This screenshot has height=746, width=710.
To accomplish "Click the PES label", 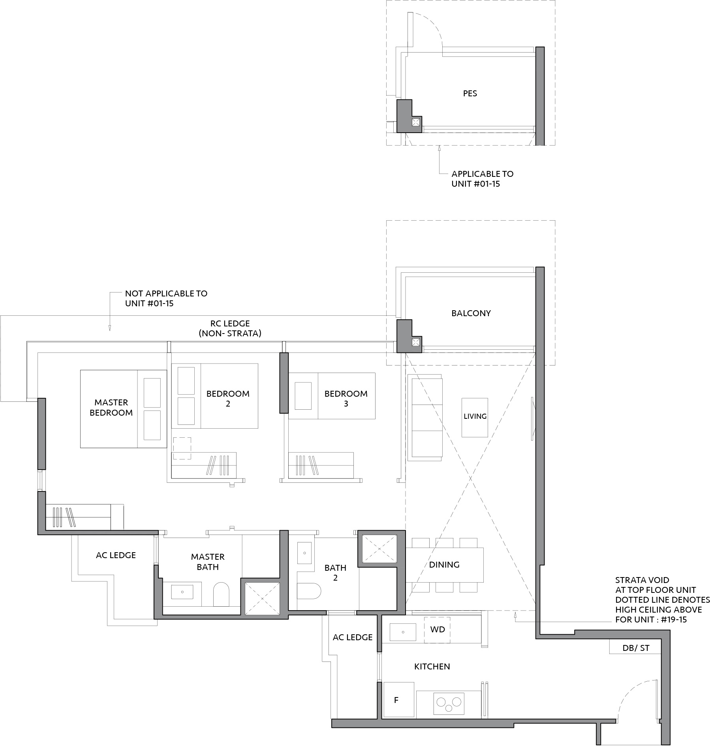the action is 470,94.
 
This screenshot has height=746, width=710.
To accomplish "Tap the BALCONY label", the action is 471,313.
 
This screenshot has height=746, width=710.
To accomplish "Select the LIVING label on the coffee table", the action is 475,416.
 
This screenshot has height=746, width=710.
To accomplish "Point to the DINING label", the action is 444,565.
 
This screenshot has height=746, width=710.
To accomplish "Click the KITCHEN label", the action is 432,667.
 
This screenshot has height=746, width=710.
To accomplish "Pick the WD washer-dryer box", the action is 438,630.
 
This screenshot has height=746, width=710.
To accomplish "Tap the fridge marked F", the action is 399,700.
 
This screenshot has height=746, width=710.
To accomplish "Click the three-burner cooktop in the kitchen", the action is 449,703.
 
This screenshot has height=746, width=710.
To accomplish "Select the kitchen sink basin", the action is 403,632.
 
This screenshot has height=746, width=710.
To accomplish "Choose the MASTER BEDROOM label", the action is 111,408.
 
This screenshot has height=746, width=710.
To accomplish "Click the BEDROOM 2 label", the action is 228,399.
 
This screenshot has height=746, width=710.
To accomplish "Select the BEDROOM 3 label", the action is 346,399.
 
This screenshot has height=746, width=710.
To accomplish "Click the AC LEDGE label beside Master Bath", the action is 116,555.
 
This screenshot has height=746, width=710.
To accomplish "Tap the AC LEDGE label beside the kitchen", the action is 353,637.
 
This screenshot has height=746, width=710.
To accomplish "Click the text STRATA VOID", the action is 642,580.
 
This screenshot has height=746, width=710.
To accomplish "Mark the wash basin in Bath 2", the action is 304,553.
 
